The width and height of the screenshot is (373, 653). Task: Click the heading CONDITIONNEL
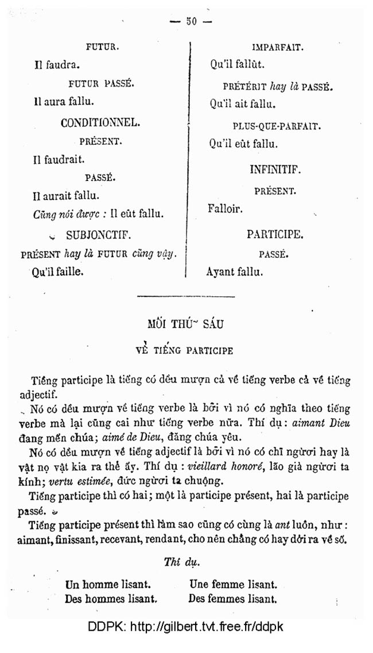click(x=100, y=122)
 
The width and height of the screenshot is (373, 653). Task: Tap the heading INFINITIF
click(x=275, y=171)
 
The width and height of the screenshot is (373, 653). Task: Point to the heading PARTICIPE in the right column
click(x=275, y=234)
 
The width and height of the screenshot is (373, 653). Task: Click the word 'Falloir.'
click(x=225, y=210)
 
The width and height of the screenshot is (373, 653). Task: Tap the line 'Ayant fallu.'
click(x=235, y=272)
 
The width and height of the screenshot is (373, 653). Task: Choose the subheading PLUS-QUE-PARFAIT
click(x=277, y=126)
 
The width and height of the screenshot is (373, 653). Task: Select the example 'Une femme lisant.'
click(x=232, y=585)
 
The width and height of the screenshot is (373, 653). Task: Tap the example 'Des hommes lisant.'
click(x=112, y=599)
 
